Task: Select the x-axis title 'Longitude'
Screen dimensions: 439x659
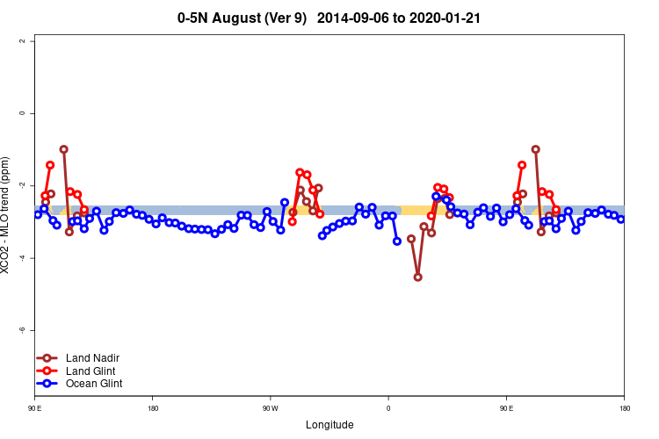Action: click(x=329, y=425)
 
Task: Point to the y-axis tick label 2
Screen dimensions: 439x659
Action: click(x=33, y=41)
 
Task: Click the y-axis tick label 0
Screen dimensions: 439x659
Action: click(x=33, y=113)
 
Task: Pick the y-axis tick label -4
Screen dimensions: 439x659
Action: click(x=33, y=257)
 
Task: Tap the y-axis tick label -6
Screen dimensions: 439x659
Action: click(x=33, y=329)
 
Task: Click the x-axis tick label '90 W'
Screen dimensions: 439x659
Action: click(x=270, y=408)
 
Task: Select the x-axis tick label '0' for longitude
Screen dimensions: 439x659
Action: click(x=388, y=408)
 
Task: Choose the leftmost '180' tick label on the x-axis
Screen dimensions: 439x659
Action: click(x=153, y=408)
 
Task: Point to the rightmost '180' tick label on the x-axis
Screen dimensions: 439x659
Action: click(x=624, y=408)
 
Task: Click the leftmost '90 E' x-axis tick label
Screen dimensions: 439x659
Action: click(x=34, y=408)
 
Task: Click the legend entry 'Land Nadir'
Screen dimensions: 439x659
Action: click(x=92, y=358)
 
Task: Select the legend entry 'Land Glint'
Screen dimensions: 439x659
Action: click(x=91, y=371)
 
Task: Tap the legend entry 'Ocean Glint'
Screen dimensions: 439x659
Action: click(x=94, y=384)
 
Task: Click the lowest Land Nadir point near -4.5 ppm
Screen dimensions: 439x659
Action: click(x=417, y=277)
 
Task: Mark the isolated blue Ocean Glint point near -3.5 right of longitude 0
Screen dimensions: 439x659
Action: click(x=397, y=241)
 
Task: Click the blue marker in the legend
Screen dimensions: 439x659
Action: click(x=47, y=384)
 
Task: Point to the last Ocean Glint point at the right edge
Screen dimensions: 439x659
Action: click(x=620, y=219)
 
